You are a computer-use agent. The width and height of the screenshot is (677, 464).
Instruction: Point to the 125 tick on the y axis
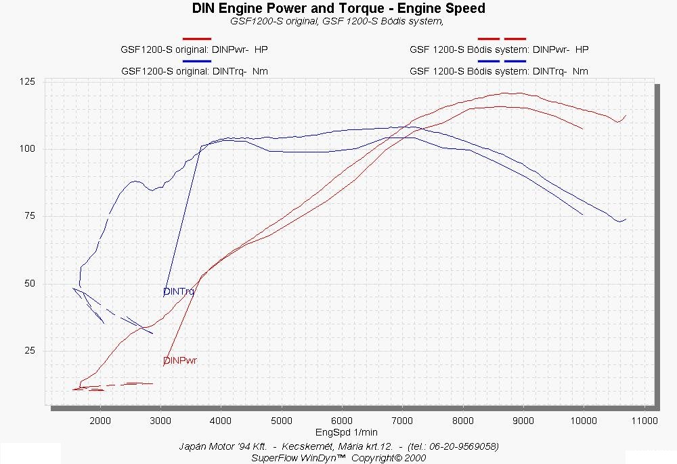(x=27, y=82)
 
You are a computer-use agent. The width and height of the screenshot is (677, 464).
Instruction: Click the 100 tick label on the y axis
(x=27, y=149)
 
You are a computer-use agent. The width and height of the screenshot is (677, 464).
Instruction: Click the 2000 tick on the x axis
(x=100, y=421)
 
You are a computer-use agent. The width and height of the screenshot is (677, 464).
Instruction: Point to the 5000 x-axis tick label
(x=282, y=421)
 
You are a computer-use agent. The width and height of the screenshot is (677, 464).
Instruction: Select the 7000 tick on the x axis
(x=403, y=421)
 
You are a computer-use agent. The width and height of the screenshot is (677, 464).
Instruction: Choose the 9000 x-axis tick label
(x=523, y=421)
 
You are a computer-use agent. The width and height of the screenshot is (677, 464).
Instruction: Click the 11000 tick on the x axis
(x=644, y=421)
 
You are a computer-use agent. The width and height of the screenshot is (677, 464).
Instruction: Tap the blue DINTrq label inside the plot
(x=179, y=292)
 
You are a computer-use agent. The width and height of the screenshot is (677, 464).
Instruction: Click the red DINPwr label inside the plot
(x=180, y=361)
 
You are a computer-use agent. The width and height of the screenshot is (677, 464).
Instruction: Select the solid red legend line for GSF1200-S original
(x=197, y=39)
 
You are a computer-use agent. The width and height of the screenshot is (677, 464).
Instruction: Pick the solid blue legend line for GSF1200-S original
(x=197, y=61)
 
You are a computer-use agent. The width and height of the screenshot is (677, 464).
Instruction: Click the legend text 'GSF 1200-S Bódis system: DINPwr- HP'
(x=499, y=49)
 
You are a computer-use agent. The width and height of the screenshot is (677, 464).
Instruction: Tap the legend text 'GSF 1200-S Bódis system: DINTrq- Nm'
(x=499, y=71)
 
